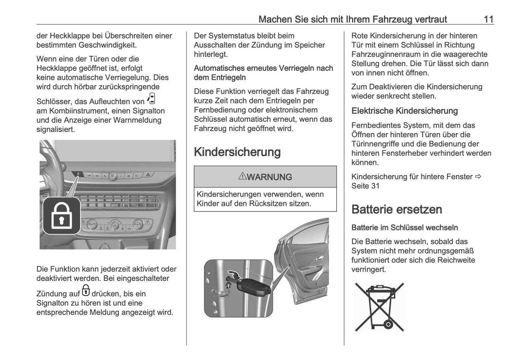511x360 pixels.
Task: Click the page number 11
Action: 488,19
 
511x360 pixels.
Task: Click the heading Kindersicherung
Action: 237,152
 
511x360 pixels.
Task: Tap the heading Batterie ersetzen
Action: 396,209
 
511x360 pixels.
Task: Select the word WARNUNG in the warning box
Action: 269,177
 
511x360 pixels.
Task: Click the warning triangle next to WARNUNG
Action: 242,176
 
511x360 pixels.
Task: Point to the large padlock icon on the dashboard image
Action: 62,216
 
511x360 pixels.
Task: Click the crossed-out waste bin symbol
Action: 379,307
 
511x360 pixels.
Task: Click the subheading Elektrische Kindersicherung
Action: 404,111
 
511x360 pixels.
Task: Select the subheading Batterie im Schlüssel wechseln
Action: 404,228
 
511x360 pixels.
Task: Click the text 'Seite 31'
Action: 365,186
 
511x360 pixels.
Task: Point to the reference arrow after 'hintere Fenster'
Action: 478,176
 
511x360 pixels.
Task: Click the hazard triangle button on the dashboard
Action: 148,175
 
